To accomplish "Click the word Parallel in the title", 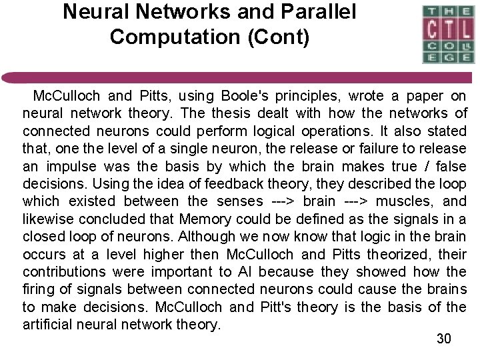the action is point(312,12).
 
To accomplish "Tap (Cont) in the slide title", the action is point(278,36).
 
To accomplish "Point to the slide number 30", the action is point(444,339).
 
